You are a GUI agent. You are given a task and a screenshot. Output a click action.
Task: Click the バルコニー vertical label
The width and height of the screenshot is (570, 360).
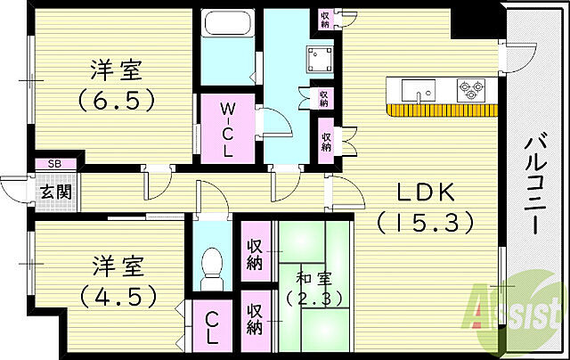(534, 184)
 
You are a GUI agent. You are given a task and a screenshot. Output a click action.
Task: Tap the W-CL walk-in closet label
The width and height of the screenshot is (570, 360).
(227, 130)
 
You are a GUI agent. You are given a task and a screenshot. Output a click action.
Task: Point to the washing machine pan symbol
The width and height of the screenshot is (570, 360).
(319, 59)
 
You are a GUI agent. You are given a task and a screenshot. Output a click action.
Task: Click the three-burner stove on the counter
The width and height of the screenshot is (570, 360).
(469, 90)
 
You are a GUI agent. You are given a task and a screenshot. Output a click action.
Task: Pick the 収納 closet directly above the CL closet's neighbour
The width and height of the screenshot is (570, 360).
(254, 250)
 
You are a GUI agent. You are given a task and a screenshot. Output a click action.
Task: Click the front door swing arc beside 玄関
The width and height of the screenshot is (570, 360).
(13, 187)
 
